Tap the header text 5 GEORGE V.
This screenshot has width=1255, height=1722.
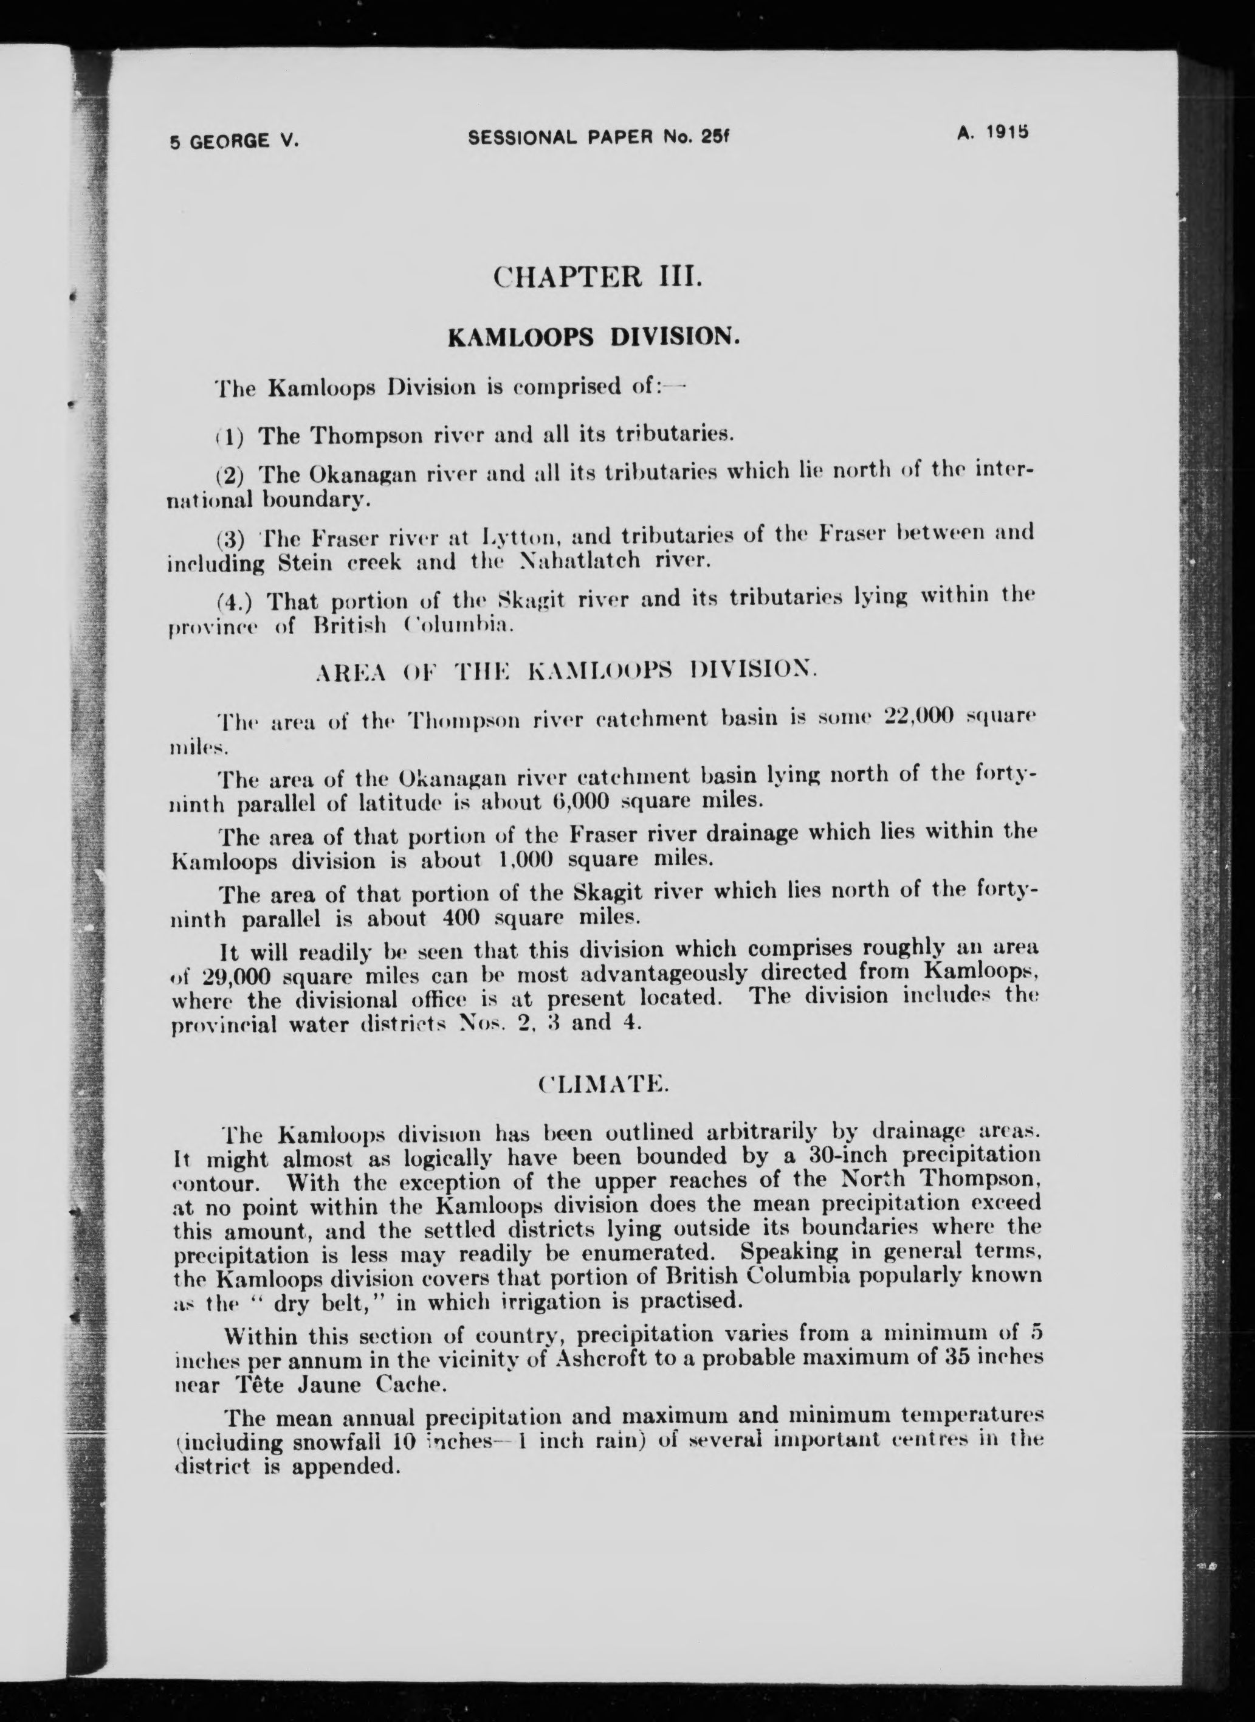(x=235, y=140)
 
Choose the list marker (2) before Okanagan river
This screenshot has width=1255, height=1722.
(x=229, y=475)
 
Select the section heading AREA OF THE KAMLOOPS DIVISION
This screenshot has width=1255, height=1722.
(x=566, y=672)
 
